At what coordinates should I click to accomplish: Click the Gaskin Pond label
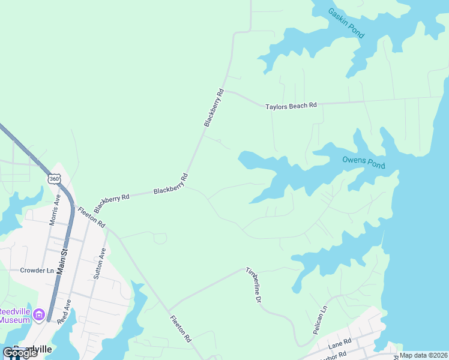point(346,23)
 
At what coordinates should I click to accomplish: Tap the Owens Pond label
point(363,162)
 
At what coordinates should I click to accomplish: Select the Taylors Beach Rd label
point(291,106)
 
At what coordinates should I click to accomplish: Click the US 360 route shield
point(55,178)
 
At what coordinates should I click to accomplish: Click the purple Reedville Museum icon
point(40,314)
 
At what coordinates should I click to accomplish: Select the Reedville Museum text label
point(14,316)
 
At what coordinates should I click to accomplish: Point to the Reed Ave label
point(65,311)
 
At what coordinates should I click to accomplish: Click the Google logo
point(20,353)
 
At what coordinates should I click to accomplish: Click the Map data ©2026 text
point(424,355)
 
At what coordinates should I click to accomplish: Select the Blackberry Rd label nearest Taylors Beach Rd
point(213,107)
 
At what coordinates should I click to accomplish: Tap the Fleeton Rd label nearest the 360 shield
point(91,217)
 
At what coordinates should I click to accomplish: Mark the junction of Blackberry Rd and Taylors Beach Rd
point(224,91)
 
